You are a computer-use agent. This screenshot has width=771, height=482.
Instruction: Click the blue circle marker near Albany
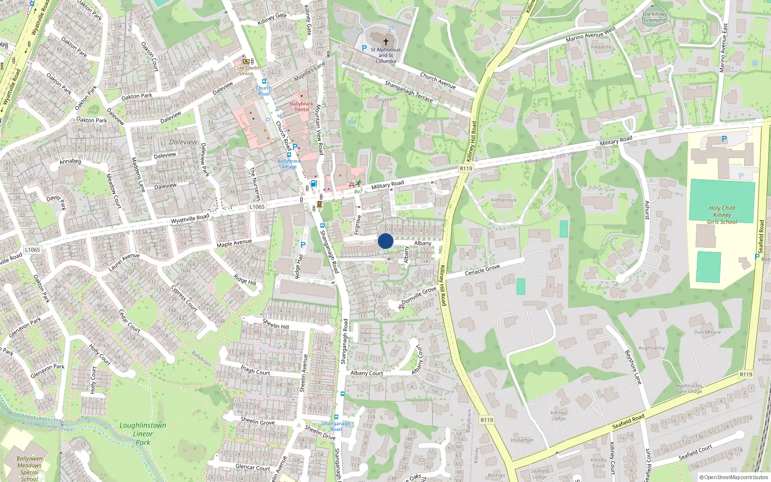coord(385,241)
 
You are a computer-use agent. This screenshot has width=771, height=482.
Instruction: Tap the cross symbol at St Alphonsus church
coord(385,42)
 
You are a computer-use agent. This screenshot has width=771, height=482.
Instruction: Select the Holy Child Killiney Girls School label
coord(722,215)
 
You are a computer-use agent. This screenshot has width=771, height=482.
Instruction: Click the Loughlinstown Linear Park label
coord(143,434)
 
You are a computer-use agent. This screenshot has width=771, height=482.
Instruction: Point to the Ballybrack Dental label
coord(302,107)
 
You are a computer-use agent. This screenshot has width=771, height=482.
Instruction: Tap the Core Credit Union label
coord(246,71)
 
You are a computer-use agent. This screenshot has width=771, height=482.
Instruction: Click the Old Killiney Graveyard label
coord(655,17)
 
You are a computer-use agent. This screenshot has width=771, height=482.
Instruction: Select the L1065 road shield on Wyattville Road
coord(257,207)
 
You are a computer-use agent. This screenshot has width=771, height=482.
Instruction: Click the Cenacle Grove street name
coord(482,270)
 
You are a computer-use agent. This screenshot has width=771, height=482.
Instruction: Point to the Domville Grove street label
coord(419,295)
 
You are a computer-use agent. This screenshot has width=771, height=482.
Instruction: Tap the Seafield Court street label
coord(695,452)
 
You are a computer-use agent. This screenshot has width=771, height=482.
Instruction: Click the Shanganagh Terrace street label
coord(409,91)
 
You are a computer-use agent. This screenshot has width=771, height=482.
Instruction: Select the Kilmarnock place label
coord(504,200)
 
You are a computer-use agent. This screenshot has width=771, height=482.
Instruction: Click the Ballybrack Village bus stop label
coord(289,164)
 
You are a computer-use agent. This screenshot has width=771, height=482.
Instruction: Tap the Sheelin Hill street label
coord(276,324)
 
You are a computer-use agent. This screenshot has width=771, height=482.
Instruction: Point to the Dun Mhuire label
coord(707,332)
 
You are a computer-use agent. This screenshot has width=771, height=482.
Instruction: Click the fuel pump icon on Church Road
coord(314,184)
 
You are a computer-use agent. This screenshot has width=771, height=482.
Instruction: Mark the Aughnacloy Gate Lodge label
coord(689,388)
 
